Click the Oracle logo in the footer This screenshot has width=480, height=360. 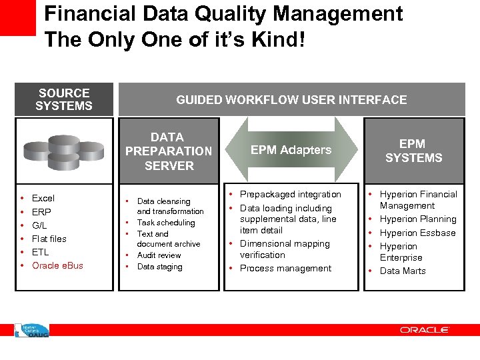point(425,330)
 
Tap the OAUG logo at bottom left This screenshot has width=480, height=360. point(32,330)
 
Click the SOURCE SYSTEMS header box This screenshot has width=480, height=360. point(64,99)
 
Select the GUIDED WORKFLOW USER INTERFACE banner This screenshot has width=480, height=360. point(291,100)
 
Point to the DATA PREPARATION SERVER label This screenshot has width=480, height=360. point(169,151)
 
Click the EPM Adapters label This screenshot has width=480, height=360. point(291,150)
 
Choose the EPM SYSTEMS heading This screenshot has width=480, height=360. point(413,151)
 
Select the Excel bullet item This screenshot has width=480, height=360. point(43,198)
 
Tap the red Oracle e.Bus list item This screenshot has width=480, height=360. point(57,265)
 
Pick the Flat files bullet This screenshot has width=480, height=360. point(49,239)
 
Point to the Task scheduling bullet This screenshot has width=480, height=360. point(166,223)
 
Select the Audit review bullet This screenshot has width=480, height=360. point(159,255)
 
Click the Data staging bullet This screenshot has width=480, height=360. point(159,267)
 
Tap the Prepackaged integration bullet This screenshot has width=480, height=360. point(290,194)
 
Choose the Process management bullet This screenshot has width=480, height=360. point(285,268)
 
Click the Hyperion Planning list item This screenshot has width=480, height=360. point(418,219)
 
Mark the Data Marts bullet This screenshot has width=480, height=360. point(403,271)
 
